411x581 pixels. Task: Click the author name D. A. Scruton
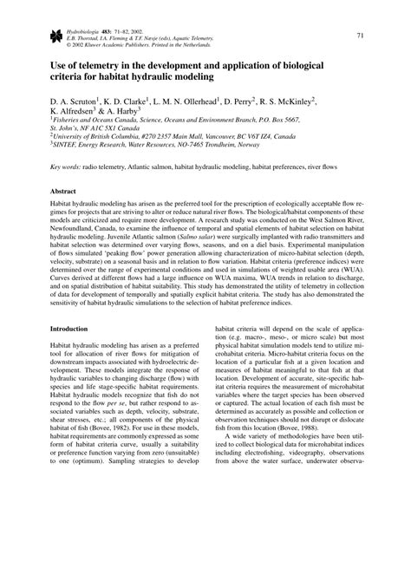[x=74, y=101]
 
